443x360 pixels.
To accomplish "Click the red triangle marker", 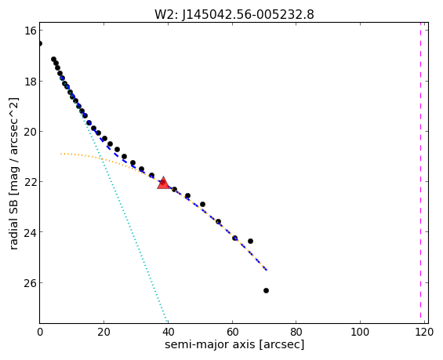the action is pyautogui.click(x=163, y=183).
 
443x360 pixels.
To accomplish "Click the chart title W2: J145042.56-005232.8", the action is pyautogui.click(x=234, y=14).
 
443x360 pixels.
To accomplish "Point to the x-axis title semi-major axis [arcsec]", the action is pyautogui.click(x=234, y=345).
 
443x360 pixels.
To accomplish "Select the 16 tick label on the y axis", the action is pyautogui.click(x=30, y=31).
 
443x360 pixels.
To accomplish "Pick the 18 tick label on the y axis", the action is pyautogui.click(x=30, y=82).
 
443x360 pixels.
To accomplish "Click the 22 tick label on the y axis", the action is pyautogui.click(x=30, y=182).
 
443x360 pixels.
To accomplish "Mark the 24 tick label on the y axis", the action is pyautogui.click(x=30, y=232).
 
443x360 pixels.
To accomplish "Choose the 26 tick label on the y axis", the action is pyautogui.click(x=30, y=283).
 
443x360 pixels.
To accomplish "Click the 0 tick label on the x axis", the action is pyautogui.click(x=40, y=332).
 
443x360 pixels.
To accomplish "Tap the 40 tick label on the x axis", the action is pyautogui.click(x=168, y=332).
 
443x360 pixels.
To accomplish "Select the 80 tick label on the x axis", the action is pyautogui.click(x=296, y=332).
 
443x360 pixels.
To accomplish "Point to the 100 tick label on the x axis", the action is pyautogui.click(x=360, y=332).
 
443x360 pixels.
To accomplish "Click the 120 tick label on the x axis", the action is pyautogui.click(x=424, y=332).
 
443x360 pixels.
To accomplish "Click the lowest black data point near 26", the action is pyautogui.click(x=266, y=290).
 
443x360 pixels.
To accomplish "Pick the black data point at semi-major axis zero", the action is pyautogui.click(x=40, y=43).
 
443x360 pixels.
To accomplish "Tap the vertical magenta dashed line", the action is pyautogui.click(x=420, y=173).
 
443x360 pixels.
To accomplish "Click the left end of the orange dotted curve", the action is pyautogui.click(x=60, y=154).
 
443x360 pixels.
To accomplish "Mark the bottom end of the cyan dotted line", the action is pyautogui.click(x=168, y=322).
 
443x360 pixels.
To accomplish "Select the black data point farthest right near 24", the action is pyautogui.click(x=250, y=241).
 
